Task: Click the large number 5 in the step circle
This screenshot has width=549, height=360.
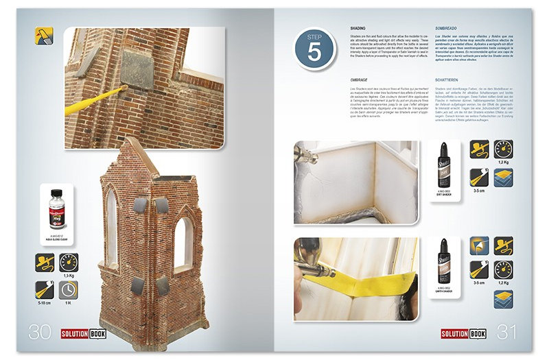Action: [x=314, y=53]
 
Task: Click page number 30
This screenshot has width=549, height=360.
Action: [x=40, y=332]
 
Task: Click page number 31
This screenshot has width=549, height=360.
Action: [x=506, y=332]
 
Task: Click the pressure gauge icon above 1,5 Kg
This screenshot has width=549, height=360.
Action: [x=69, y=263]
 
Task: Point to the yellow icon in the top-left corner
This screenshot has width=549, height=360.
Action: [x=44, y=36]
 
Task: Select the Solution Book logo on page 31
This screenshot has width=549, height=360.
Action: [x=465, y=333]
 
